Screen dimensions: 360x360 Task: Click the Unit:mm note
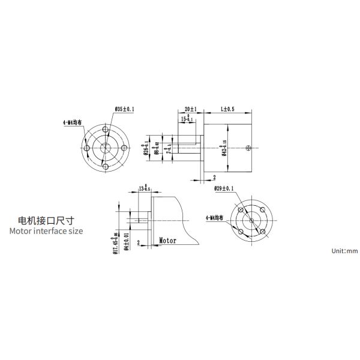344,251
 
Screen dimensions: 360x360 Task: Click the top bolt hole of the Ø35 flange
106,130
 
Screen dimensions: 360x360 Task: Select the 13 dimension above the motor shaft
144,188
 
